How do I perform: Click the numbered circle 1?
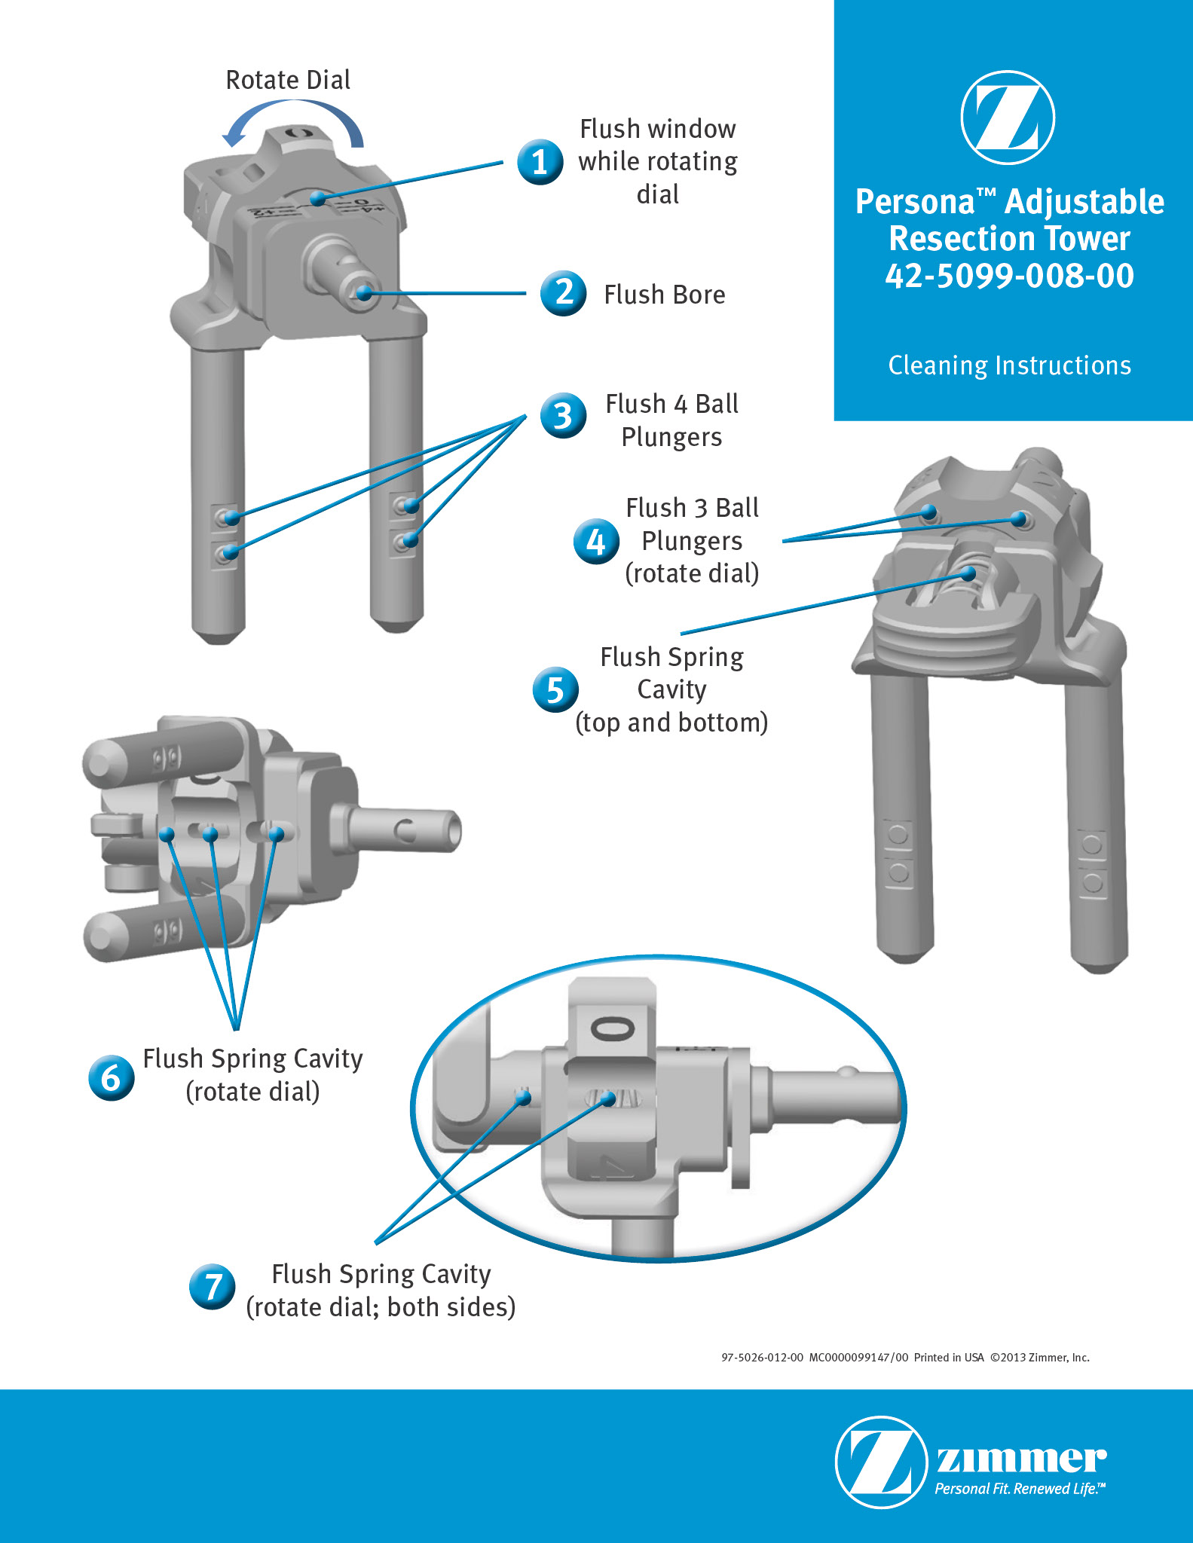(540, 162)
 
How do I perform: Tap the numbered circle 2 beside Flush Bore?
(563, 293)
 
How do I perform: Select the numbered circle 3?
(563, 415)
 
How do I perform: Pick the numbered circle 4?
(596, 541)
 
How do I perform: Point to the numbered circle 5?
(555, 689)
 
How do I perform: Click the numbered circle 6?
(112, 1077)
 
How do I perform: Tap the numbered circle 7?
(213, 1286)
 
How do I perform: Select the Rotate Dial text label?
(288, 80)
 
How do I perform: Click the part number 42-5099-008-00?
(1009, 276)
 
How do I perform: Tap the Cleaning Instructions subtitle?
(1009, 365)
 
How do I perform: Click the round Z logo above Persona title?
(1008, 118)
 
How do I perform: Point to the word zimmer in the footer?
(1021, 1459)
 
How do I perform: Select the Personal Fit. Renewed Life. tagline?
(1020, 1489)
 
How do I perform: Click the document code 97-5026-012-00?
(762, 1358)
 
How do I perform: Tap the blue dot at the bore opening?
(365, 293)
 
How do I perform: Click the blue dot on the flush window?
(318, 199)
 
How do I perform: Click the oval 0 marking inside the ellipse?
(612, 1028)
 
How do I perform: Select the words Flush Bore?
(664, 295)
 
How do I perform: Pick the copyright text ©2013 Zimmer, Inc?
(1039, 1358)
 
